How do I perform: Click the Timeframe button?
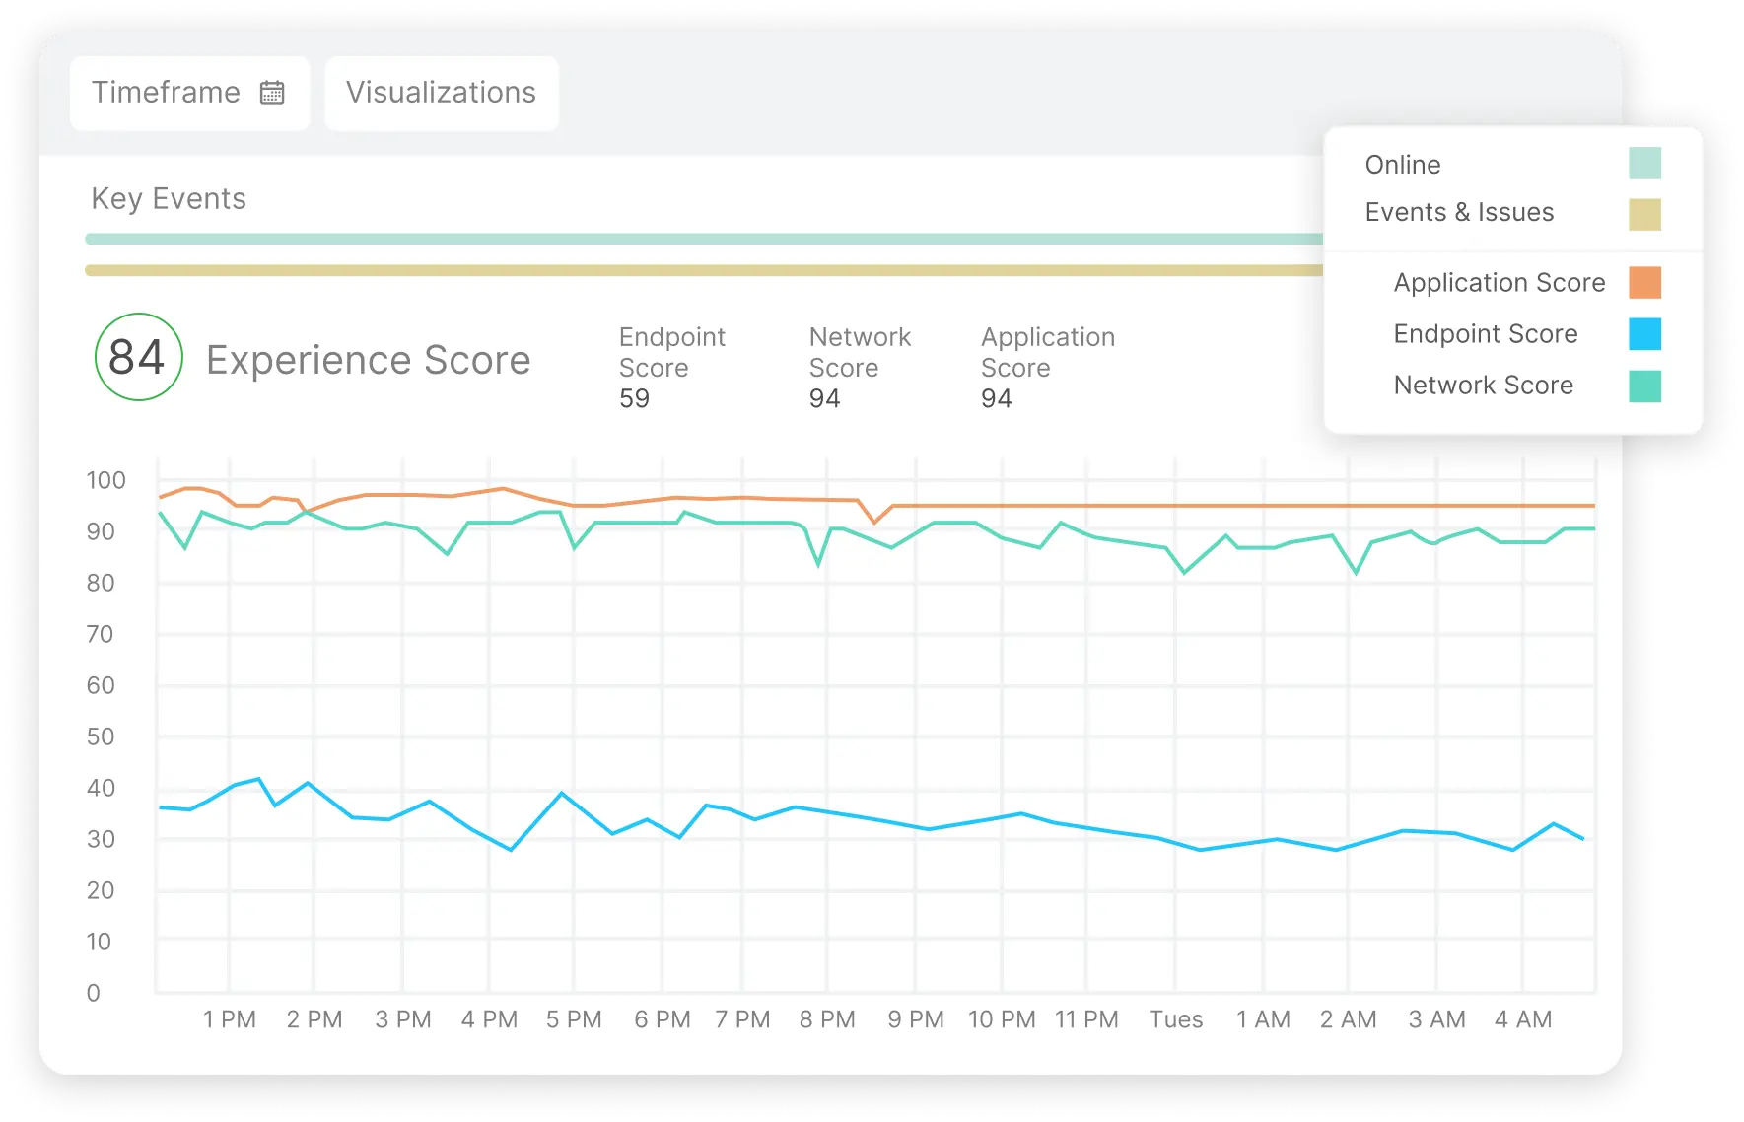[189, 93]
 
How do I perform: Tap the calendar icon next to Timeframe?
[272, 93]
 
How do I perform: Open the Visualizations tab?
[441, 93]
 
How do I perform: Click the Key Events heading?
[169, 199]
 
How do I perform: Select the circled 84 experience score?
[138, 357]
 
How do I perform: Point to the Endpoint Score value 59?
[634, 398]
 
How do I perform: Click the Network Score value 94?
[824, 398]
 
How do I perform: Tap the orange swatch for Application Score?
[1643, 283]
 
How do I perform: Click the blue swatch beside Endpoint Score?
[1643, 334]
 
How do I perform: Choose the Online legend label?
[1402, 165]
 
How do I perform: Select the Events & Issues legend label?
[1458, 212]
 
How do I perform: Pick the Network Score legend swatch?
[1643, 386]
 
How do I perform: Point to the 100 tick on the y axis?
[105, 480]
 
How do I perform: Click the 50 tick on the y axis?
[101, 736]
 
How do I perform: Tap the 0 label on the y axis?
[94, 993]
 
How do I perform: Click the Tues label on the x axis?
[1175, 1019]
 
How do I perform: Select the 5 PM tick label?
[574, 1019]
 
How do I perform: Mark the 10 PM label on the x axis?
[1002, 1019]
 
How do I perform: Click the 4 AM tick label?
[1522, 1019]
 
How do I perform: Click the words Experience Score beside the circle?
[368, 360]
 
